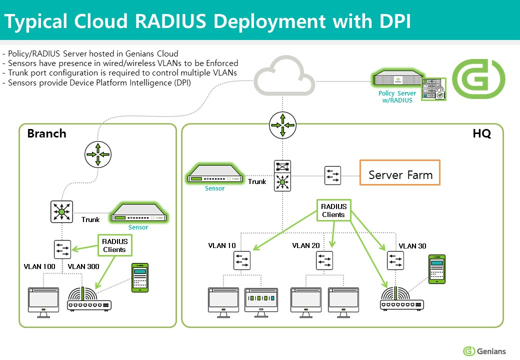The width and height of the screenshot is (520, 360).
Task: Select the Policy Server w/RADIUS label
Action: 397,97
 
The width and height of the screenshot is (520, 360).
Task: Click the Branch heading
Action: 46,133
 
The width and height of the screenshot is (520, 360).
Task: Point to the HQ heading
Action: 481,133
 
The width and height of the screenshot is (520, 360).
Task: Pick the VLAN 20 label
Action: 306,245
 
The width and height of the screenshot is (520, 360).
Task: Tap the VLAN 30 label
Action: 412,246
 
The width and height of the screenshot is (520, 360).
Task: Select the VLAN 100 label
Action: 39,266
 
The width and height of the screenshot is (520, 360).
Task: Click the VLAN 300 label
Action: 83,266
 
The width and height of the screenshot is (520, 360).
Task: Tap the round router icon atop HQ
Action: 282,125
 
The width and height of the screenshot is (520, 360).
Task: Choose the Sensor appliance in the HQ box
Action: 214,174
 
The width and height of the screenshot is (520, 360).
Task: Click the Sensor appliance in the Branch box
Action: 139,213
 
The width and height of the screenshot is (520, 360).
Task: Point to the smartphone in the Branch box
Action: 140,277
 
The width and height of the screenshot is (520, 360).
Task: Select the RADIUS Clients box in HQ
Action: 333,210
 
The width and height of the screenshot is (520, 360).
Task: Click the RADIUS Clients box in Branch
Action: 114,245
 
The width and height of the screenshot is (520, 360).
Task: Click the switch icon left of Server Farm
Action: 332,175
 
